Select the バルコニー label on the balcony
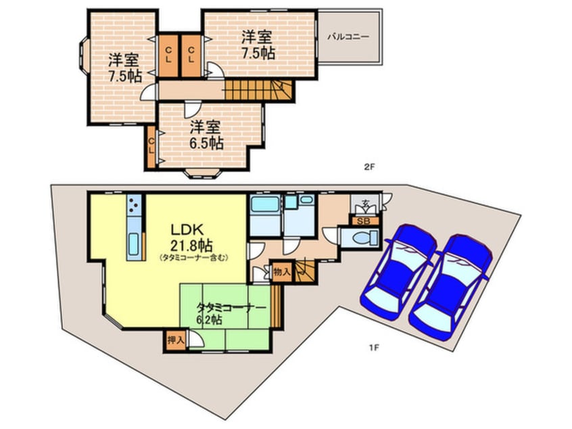point(348,36)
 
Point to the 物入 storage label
point(282,272)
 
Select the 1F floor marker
point(373,348)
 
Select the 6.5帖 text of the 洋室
point(206,143)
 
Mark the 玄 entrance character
point(364,204)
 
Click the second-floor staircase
point(256,89)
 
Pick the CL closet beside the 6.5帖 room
point(152,147)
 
